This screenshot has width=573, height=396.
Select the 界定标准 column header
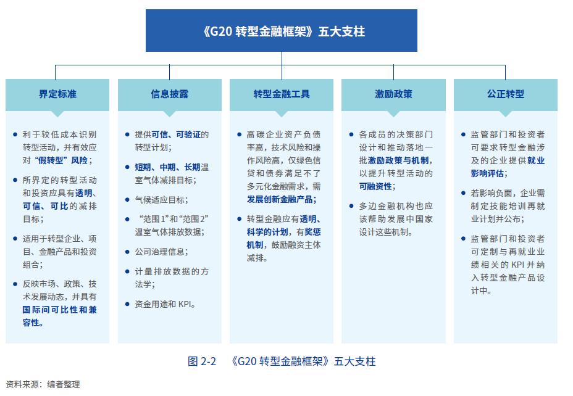click(57, 94)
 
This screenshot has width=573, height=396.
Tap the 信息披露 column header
click(169, 94)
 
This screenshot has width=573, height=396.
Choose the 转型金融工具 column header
click(282, 94)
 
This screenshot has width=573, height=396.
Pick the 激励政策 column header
click(393, 94)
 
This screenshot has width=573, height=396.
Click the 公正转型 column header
click(505, 94)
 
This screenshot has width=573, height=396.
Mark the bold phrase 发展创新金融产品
click(282, 199)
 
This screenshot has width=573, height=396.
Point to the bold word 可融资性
click(376, 186)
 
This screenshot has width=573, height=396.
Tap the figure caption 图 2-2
click(201, 361)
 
